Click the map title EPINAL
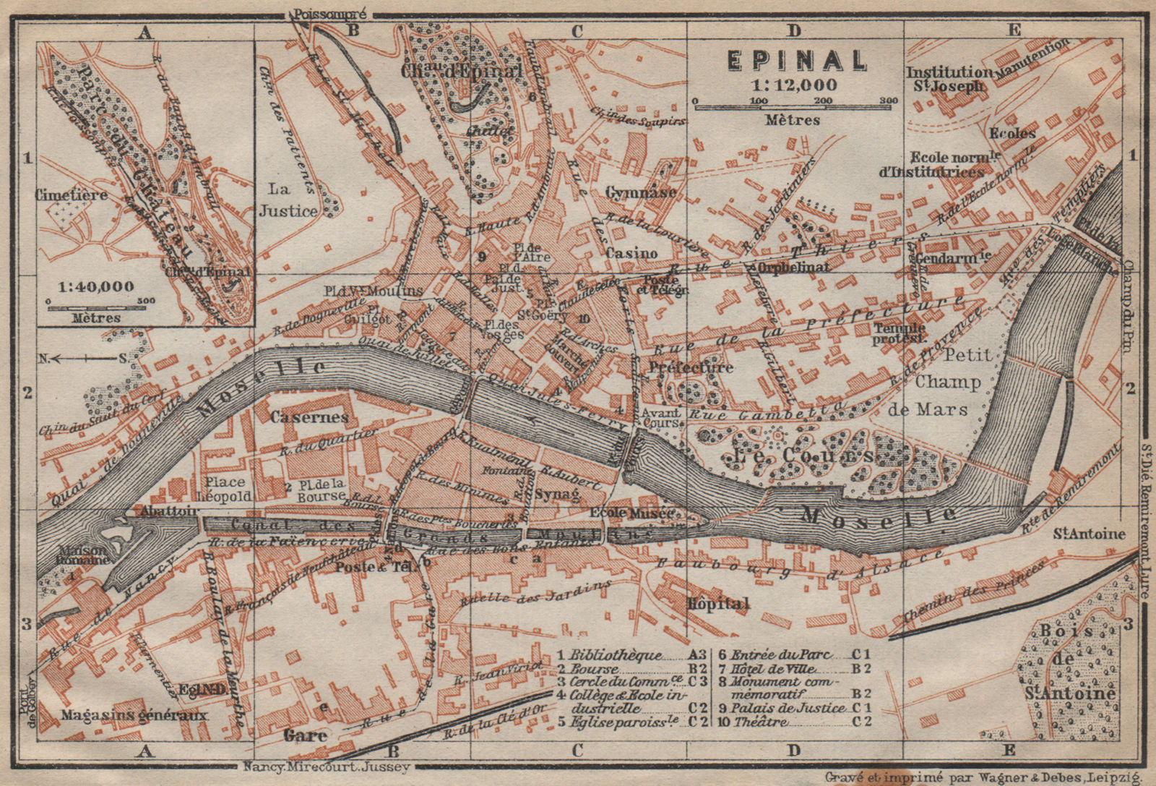click(796, 61)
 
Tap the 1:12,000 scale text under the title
click(795, 85)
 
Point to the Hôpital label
click(718, 603)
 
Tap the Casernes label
click(309, 417)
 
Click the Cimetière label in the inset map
click(71, 195)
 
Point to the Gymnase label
click(641, 192)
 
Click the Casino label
click(631, 253)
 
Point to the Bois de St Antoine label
click(1066, 662)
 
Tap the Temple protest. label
click(899, 333)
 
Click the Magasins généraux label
click(134, 715)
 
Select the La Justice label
click(288, 200)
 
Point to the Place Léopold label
click(226, 489)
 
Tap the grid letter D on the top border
click(794, 30)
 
